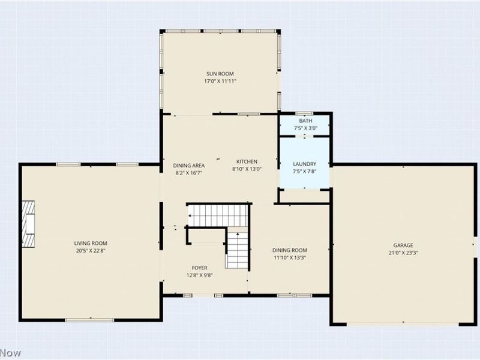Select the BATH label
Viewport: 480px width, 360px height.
(305, 121)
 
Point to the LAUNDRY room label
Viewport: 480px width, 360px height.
(305, 164)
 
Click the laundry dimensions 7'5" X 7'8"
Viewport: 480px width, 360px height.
(305, 172)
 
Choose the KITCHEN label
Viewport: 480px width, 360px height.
(247, 161)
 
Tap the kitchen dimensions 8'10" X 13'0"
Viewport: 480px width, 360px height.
(247, 169)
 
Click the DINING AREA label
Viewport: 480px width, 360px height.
(189, 165)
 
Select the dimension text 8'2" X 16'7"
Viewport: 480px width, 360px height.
(189, 173)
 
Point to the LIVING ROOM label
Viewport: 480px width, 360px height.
(91, 243)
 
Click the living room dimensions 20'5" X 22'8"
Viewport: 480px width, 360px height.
(91, 251)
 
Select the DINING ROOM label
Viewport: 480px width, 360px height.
(290, 250)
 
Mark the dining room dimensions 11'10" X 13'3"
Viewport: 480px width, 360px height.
(290, 258)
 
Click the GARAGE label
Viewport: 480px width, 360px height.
(403, 245)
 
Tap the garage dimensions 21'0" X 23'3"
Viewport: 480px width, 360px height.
(403, 253)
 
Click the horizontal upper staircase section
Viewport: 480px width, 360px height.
(218, 215)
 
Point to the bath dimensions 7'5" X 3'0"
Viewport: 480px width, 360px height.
(305, 128)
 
